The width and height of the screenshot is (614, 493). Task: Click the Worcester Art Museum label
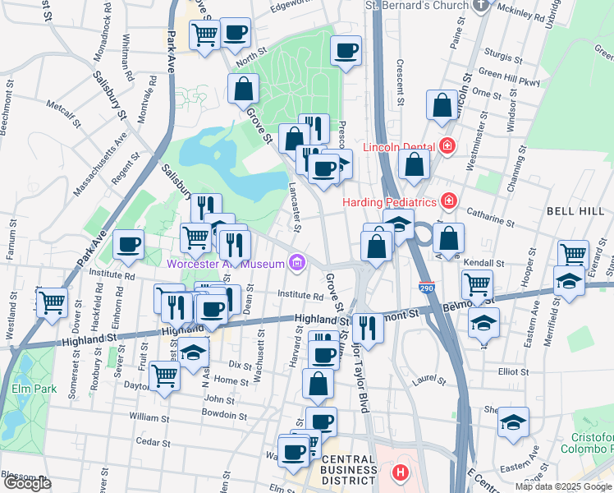pyautogui.click(x=224, y=264)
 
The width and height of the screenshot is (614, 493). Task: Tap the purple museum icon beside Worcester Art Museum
pyautogui.click(x=297, y=264)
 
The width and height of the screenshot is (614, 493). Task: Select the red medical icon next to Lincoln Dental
pyautogui.click(x=447, y=147)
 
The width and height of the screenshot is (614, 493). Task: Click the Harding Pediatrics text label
pyautogui.click(x=389, y=201)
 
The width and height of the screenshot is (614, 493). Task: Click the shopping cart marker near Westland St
pyautogui.click(x=52, y=301)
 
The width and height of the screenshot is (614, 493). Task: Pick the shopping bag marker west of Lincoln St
pyautogui.click(x=442, y=104)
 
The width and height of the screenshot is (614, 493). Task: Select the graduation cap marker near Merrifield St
pyautogui.click(x=569, y=279)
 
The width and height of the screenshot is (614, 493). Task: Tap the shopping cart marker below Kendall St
pyautogui.click(x=477, y=284)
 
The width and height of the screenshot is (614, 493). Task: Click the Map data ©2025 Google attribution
pyautogui.click(x=563, y=486)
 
